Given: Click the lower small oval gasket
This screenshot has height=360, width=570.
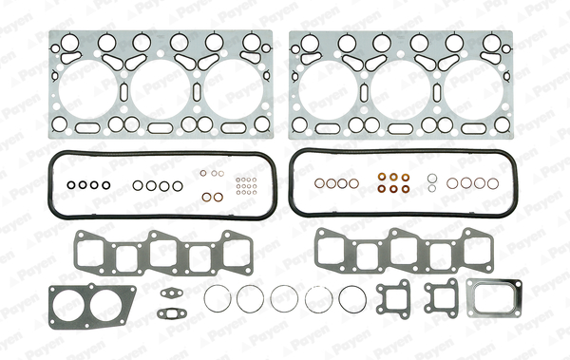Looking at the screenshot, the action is coord(172,313).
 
